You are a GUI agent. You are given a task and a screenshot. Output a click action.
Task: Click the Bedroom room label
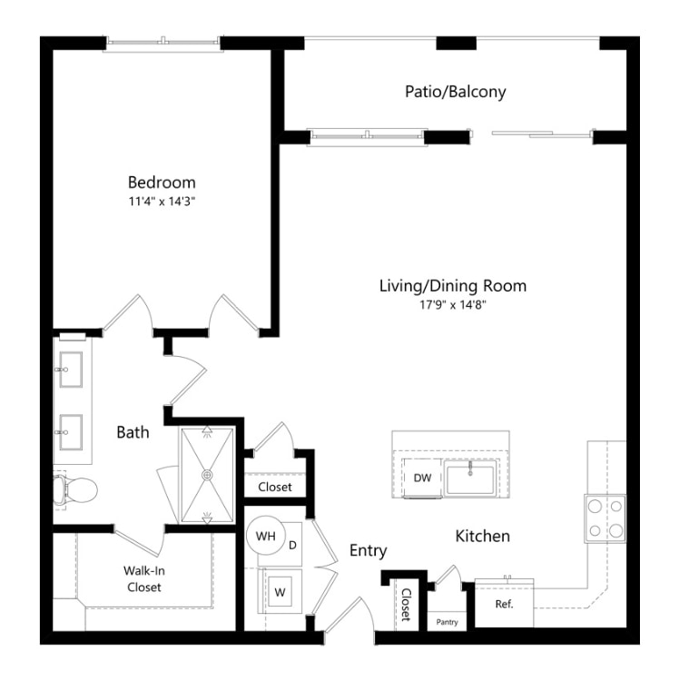(x=162, y=183)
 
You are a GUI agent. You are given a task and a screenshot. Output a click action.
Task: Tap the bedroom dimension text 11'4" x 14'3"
(x=162, y=202)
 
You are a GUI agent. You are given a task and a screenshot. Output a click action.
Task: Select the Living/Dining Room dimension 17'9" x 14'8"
(x=452, y=305)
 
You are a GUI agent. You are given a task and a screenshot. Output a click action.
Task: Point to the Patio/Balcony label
(x=456, y=92)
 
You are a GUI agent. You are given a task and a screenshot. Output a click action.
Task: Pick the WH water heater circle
(x=266, y=536)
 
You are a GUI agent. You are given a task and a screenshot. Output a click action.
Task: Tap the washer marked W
(x=280, y=591)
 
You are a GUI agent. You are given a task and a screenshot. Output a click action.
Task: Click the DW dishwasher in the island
(x=422, y=478)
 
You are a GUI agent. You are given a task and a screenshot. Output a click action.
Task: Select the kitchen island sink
(x=470, y=478)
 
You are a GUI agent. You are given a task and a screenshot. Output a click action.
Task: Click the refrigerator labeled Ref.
(x=504, y=604)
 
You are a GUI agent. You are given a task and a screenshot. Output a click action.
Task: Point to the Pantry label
(x=448, y=622)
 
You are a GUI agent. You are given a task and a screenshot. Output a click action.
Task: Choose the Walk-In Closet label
(x=143, y=579)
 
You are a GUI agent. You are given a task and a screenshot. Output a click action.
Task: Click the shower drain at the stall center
(x=208, y=475)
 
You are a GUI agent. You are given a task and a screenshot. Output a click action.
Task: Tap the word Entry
(x=369, y=551)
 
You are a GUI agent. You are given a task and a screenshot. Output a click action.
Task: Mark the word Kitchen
(x=482, y=537)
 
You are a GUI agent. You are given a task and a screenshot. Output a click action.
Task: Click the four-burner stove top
(x=605, y=518)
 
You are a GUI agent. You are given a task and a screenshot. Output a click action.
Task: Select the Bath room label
(x=133, y=432)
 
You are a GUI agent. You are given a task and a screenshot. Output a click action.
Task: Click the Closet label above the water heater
(x=275, y=488)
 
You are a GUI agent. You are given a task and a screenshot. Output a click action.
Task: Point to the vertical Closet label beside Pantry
(x=406, y=605)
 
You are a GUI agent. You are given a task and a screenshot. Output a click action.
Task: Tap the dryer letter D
(x=292, y=545)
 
